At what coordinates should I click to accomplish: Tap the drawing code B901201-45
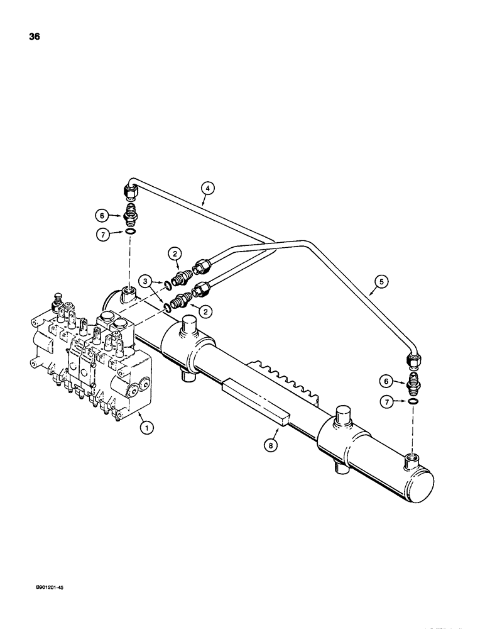click(47, 587)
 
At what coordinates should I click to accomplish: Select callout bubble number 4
click(208, 186)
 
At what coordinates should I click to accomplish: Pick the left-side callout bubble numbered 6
click(102, 214)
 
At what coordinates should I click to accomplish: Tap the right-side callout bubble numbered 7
click(386, 401)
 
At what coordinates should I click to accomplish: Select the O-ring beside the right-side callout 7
click(412, 401)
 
